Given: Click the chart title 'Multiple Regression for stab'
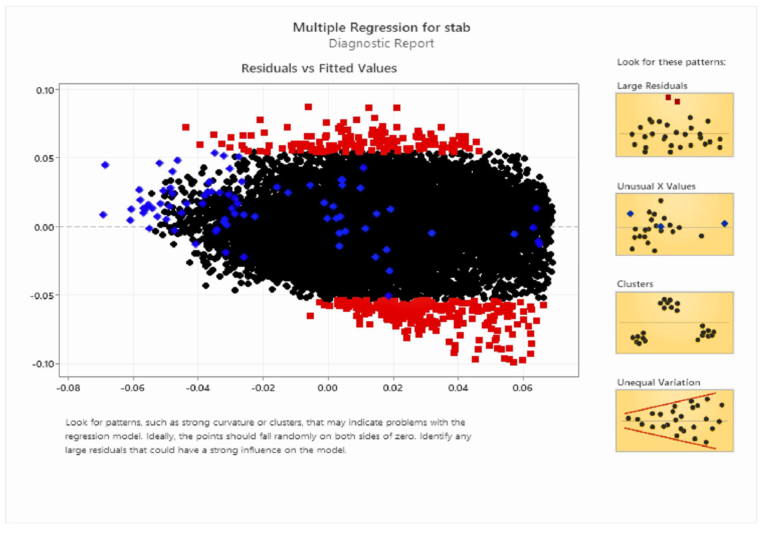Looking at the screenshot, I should point(381,27).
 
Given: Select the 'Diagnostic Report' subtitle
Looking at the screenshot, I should point(381,43).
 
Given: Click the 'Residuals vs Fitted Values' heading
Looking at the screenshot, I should point(319,68).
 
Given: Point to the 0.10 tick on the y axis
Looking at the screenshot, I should point(44,90).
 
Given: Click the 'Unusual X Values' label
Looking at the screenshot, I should point(656,186).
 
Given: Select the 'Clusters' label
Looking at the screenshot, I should point(635,284).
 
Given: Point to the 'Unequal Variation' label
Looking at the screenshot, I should point(658,383).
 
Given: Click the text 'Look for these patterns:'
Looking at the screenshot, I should point(671,62).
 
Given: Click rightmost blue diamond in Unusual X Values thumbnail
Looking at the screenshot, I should point(725,224).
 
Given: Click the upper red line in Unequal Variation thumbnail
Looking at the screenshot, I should point(670,403).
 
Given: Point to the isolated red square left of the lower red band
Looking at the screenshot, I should point(310,316).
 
